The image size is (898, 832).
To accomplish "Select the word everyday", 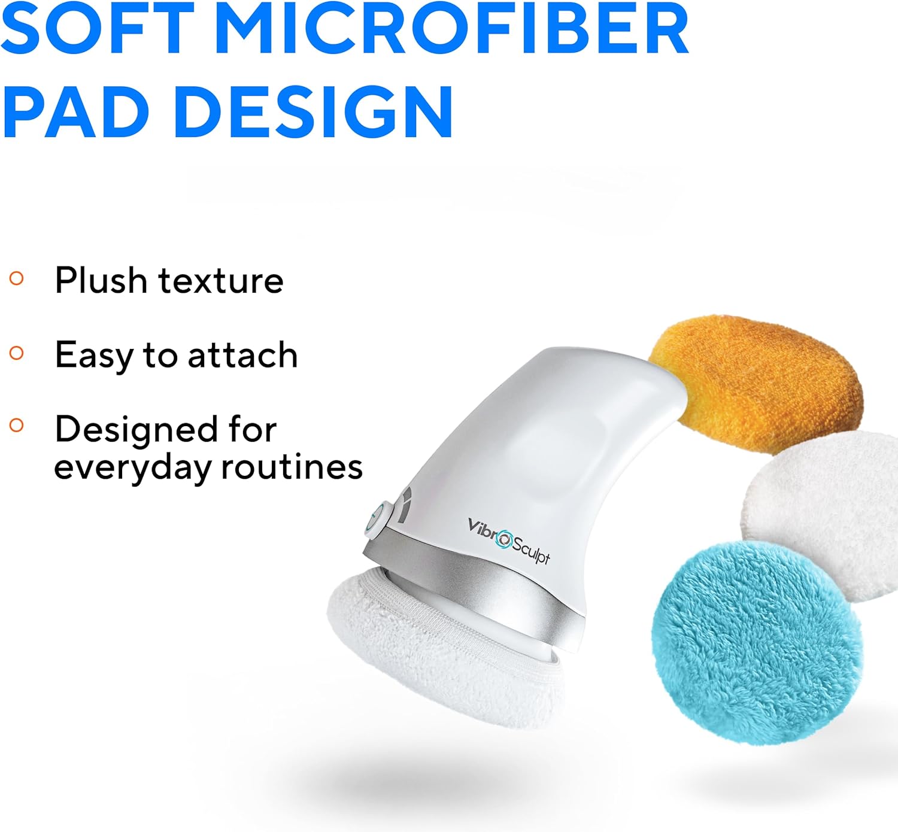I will coord(132,467).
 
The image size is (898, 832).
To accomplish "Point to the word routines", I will coord(292,466).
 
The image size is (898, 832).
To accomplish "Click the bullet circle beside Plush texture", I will coord(17,278).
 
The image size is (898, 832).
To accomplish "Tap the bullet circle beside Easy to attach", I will coord(17,353).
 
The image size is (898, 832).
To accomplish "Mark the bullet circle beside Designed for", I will coord(17,426).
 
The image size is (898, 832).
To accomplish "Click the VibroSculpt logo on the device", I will coord(508,541).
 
